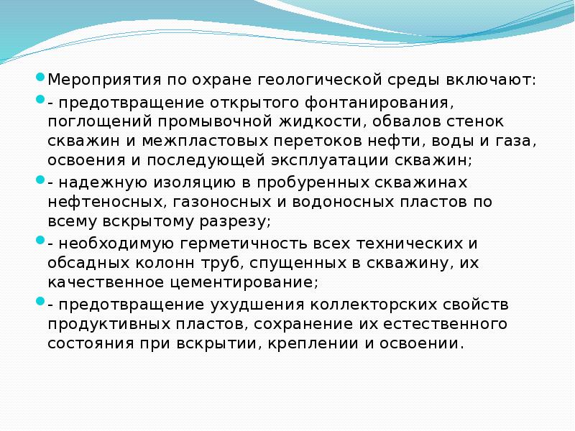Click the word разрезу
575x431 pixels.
(237, 221)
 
